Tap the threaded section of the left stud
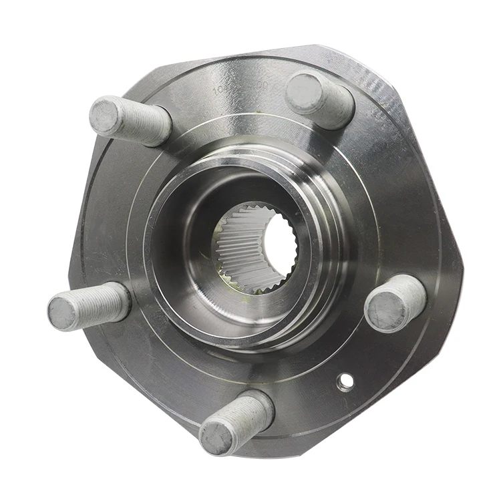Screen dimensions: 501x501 tap(107, 303)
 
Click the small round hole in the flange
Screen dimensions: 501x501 tap(345, 381)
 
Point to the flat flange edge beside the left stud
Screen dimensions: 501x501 tap(73, 267)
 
